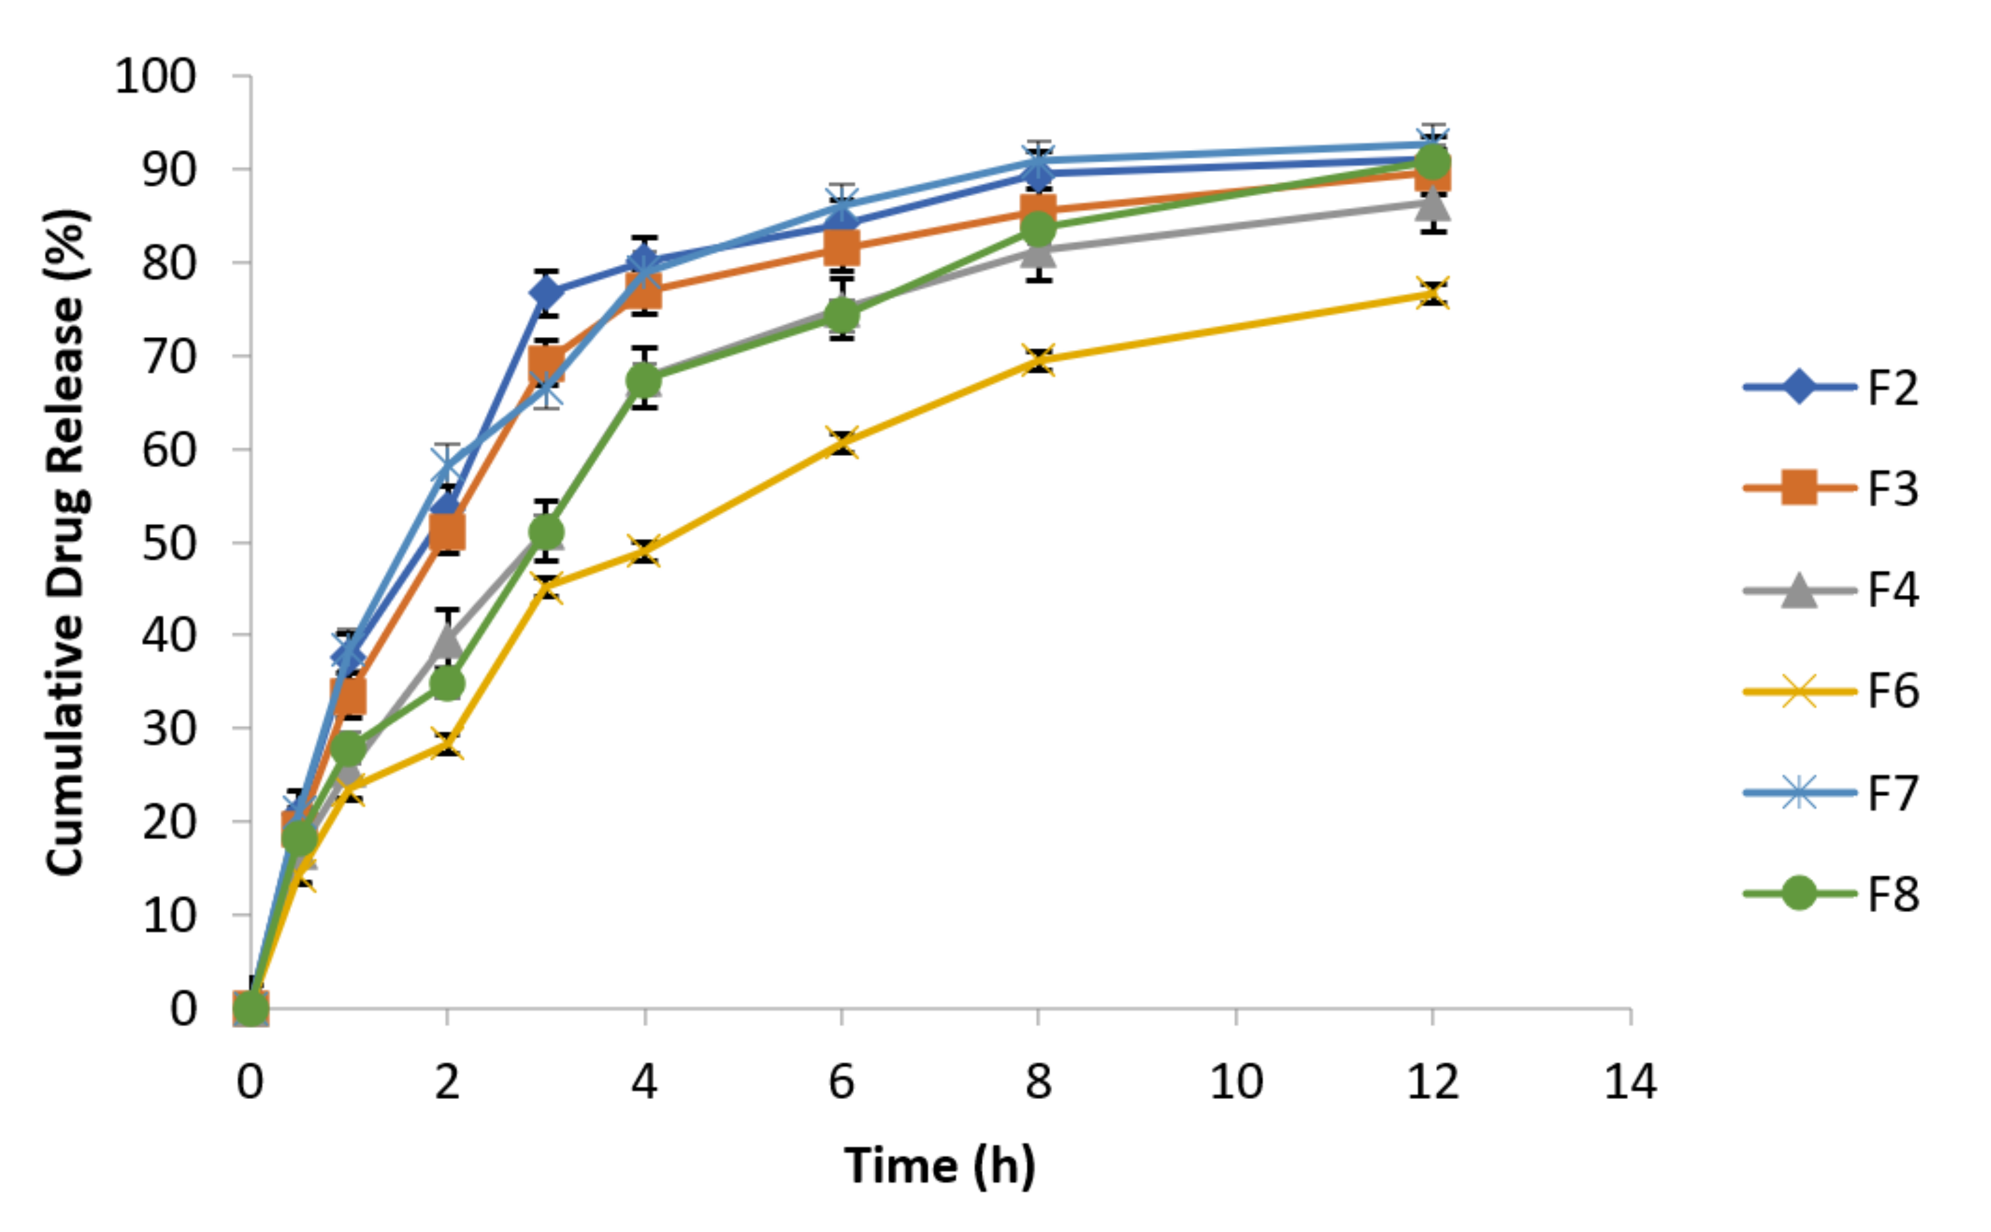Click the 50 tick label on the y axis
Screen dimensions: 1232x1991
(169, 544)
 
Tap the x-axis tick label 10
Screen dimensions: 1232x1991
(1236, 1083)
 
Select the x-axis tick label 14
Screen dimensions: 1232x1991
(1630, 1083)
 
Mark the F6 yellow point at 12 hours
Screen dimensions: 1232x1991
(1432, 294)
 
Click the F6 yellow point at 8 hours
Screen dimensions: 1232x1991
(1038, 360)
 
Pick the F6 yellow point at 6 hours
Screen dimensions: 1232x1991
(841, 442)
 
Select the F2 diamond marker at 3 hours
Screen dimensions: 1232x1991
(546, 292)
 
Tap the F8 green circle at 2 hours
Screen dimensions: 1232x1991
(446, 683)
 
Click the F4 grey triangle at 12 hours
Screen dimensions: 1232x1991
(1432, 204)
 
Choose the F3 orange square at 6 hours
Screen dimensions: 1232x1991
(841, 247)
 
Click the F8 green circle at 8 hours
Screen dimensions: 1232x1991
(1038, 229)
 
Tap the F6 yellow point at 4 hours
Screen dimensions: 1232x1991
(644, 552)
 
